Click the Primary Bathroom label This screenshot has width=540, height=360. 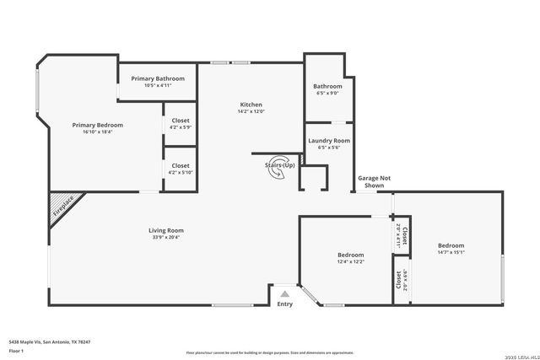pyautogui.click(x=158, y=78)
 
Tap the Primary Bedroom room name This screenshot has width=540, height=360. pyautogui.click(x=98, y=125)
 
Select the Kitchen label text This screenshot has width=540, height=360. pyautogui.click(x=251, y=105)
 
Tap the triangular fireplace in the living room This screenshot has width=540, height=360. pyautogui.click(x=61, y=203)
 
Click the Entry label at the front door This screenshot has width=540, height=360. pyautogui.click(x=285, y=304)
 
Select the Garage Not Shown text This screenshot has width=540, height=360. pyautogui.click(x=374, y=181)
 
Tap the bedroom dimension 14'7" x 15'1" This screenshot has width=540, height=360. pyautogui.click(x=451, y=252)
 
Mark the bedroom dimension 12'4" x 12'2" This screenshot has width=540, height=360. pyautogui.click(x=351, y=261)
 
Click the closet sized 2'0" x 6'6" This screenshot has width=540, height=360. pyautogui.click(x=398, y=280)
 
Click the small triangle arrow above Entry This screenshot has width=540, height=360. pyautogui.click(x=285, y=293)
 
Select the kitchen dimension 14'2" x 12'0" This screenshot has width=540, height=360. pyautogui.click(x=251, y=111)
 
